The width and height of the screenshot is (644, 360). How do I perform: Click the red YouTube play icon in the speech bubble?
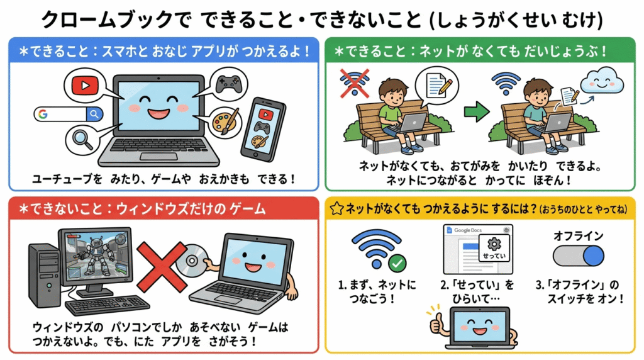point(85,86)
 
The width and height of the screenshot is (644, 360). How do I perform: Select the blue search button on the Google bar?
point(94,115)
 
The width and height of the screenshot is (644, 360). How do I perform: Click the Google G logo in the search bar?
point(43,115)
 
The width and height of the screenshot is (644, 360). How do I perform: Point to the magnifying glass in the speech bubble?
point(83,139)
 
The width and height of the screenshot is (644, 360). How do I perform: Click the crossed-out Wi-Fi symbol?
point(355,84)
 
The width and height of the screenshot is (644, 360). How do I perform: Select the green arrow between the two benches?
point(477,111)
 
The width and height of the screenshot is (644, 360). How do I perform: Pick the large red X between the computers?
point(162,266)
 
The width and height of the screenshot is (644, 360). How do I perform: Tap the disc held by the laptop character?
point(192,261)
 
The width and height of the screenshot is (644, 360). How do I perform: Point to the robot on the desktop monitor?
point(97,255)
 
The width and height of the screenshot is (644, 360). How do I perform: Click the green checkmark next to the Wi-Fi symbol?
point(397,263)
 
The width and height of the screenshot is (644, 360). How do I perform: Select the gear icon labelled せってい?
point(494,244)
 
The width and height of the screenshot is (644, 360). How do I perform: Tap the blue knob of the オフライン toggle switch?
point(594,256)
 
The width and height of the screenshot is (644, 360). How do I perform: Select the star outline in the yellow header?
point(337,209)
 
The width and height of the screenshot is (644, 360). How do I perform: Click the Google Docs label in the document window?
point(468,230)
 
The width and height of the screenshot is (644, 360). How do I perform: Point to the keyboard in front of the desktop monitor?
point(107,306)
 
